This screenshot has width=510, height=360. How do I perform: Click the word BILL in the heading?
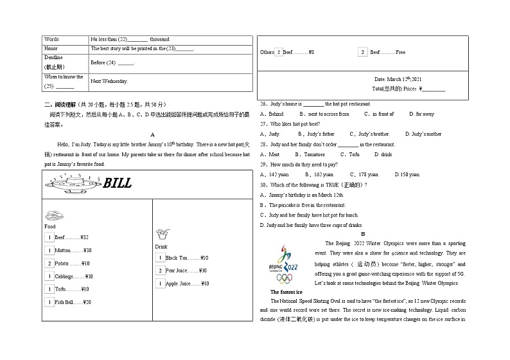(118, 184)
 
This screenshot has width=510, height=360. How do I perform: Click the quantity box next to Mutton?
(49, 251)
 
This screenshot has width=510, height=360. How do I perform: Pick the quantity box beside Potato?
(49, 264)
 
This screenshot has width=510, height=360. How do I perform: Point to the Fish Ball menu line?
(73, 302)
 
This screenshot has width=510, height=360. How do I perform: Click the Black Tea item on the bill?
(186, 258)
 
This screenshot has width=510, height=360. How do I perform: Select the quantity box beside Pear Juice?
(160, 271)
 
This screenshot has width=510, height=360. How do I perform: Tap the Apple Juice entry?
(186, 283)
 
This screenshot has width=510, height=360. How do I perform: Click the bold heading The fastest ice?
(286, 292)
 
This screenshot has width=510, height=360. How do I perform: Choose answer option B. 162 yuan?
(319, 174)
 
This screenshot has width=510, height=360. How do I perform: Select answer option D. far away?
(421, 114)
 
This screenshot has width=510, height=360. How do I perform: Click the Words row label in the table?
(51, 39)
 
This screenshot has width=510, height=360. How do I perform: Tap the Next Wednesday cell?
(109, 82)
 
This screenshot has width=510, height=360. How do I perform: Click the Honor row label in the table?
(51, 48)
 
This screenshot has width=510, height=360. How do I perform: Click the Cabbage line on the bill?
(74, 276)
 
